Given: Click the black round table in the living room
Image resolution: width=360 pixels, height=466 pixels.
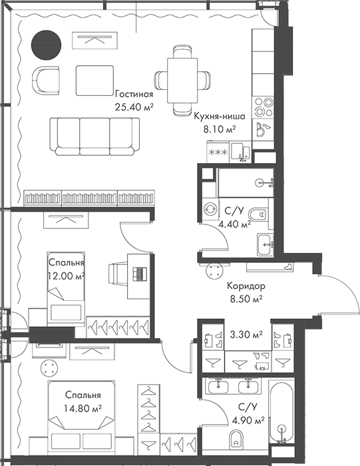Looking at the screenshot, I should click(x=46, y=43).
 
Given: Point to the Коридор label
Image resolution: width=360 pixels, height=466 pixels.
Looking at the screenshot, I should click(x=246, y=286).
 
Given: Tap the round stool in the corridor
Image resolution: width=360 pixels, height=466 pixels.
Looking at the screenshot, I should click(x=214, y=269).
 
